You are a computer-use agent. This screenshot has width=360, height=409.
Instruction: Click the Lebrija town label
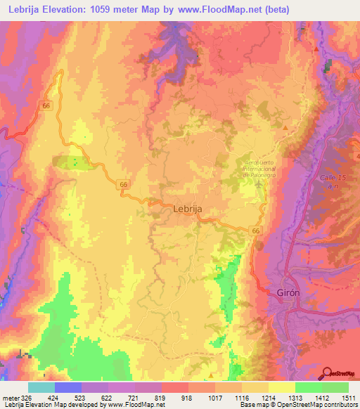click(188, 209)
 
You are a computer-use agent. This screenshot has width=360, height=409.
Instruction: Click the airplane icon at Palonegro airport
click(262, 185)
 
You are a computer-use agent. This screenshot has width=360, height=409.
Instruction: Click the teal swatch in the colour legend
click(41, 387)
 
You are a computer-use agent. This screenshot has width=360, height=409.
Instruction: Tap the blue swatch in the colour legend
click(68, 387)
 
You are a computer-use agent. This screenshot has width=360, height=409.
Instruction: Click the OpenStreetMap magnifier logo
click(327, 374)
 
